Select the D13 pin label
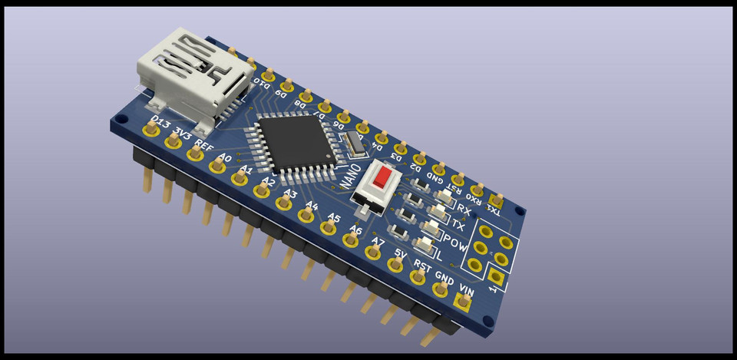pyautogui.click(x=161, y=122)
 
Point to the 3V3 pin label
pyautogui.click(x=183, y=133)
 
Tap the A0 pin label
pyautogui.click(x=224, y=158)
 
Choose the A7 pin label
pyautogui.click(x=377, y=242)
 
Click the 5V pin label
pyautogui.click(x=400, y=253)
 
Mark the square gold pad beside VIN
pyautogui.click(x=461, y=304)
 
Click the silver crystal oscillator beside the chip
pyautogui.click(x=353, y=141)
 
